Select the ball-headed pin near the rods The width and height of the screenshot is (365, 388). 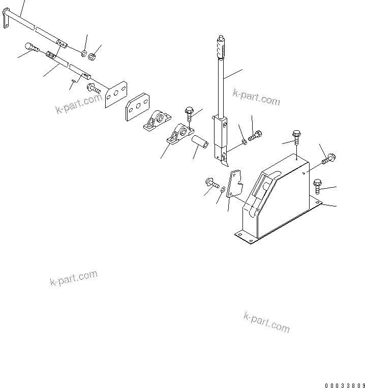tap(32, 47)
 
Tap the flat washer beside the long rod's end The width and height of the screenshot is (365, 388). tap(84, 53)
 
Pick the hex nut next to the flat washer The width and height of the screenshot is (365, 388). tap(93, 56)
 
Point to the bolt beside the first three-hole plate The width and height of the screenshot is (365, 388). tap(93, 91)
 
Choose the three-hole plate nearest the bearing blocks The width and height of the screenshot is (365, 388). tap(137, 108)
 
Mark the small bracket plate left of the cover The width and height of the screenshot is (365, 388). tap(234, 184)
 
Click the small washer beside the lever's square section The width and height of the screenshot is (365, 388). tap(245, 141)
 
